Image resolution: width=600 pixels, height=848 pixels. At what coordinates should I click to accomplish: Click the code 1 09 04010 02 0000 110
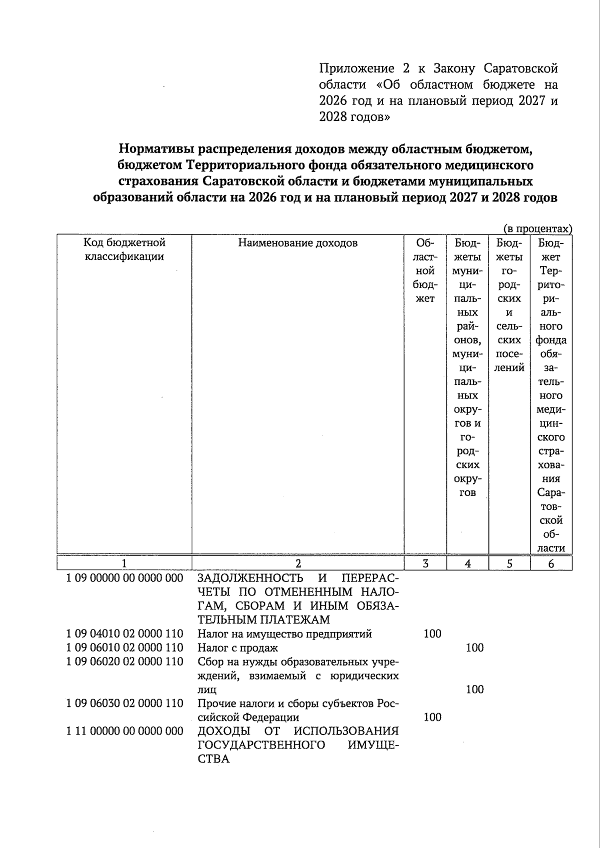124,634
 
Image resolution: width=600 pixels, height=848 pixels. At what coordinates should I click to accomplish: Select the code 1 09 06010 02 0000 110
124,648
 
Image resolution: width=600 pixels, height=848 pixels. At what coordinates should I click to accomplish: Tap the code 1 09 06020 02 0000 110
124,662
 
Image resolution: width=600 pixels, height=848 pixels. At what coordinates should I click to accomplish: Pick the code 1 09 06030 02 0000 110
124,703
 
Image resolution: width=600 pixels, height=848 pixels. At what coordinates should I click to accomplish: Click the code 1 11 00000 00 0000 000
124,731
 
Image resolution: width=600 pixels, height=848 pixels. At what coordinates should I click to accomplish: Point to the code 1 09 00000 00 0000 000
124,578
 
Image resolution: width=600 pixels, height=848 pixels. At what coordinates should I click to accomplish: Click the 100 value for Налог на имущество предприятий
432,634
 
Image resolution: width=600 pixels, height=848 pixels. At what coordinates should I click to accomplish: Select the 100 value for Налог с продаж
474,648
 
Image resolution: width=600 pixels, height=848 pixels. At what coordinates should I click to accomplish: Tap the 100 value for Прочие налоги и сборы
432,717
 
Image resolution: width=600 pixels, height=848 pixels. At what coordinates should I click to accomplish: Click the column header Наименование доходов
297,243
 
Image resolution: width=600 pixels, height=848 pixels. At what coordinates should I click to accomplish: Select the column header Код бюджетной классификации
124,250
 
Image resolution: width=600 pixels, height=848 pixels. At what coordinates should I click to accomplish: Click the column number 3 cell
425,563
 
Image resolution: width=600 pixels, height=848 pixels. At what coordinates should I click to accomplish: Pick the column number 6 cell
551,563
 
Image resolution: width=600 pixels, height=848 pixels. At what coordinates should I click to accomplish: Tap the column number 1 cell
124,563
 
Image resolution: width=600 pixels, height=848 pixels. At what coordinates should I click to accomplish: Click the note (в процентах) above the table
537,229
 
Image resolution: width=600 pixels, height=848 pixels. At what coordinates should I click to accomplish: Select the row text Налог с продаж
237,648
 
